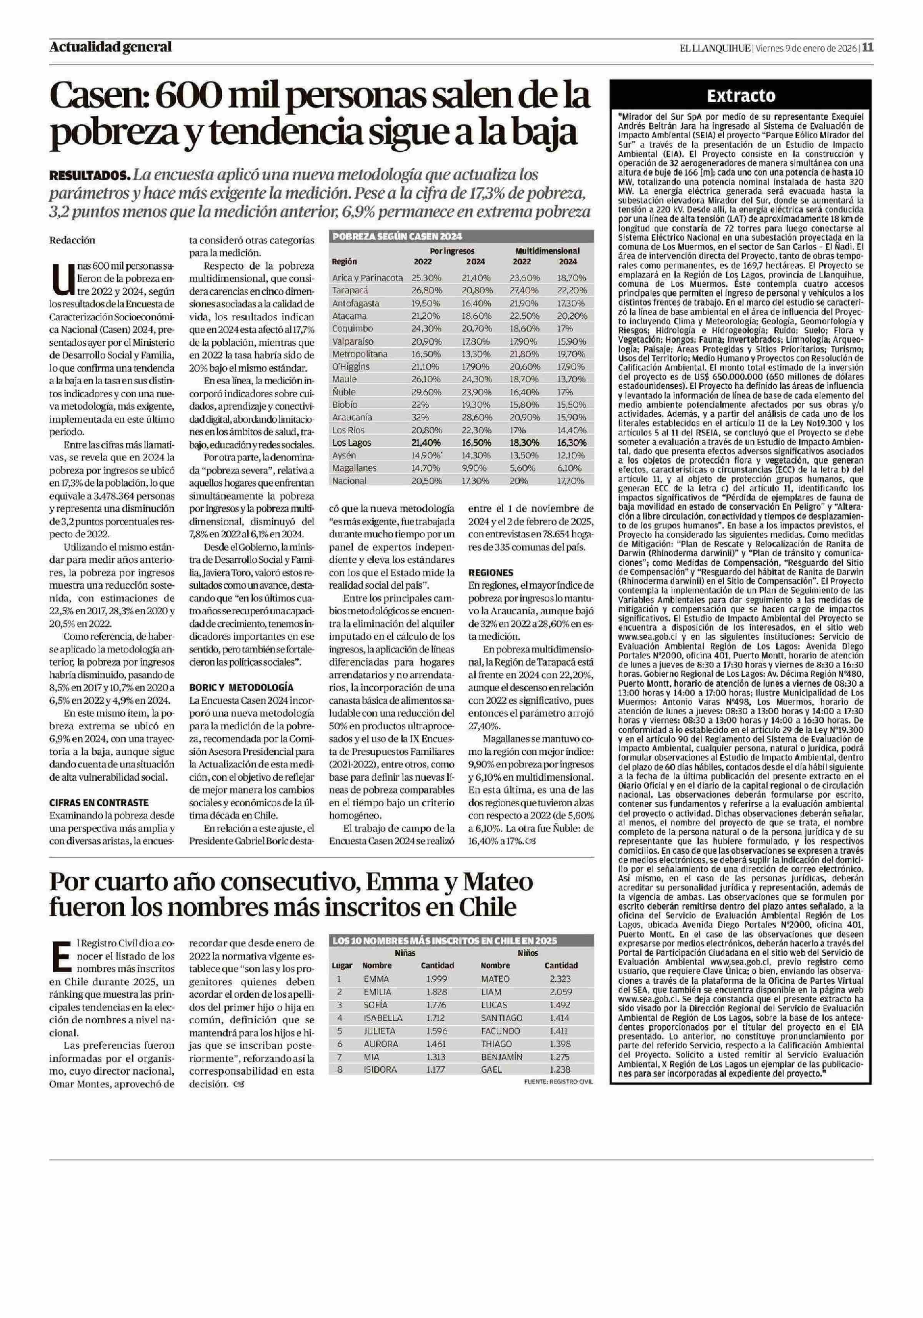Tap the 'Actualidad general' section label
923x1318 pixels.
(x=110, y=47)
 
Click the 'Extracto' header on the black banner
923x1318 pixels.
(x=740, y=96)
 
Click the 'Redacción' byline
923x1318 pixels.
(x=72, y=240)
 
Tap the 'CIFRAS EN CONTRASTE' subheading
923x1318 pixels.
(x=99, y=802)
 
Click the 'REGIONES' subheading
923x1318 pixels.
(x=490, y=572)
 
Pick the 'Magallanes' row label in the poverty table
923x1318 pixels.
(x=354, y=468)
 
